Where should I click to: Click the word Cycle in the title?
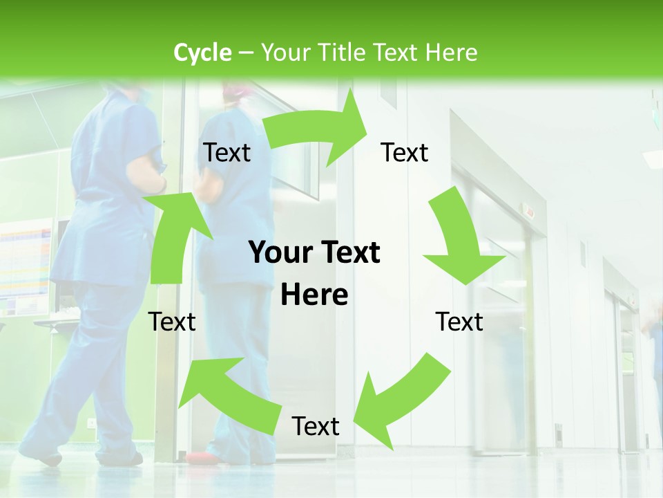pos(202,53)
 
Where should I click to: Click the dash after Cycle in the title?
pos(245,53)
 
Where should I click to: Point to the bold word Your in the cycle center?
pos(276,252)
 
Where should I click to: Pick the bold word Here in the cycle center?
pos(314,295)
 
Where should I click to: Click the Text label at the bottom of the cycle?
pos(316,427)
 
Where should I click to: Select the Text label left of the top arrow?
pos(227,153)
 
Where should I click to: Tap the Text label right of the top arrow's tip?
pos(405,153)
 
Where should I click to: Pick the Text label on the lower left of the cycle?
pos(172,322)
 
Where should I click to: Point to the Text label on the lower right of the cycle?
pos(460,322)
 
